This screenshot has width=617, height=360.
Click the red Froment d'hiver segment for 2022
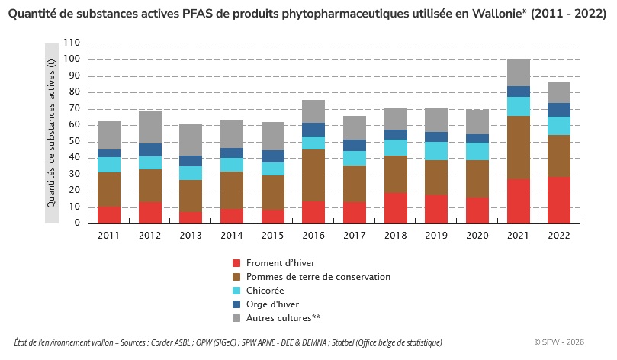pos(559,200)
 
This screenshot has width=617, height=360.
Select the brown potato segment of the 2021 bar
pos(518,147)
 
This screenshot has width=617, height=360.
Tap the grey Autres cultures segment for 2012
pos(150,127)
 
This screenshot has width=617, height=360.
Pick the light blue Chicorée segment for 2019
pos(436,151)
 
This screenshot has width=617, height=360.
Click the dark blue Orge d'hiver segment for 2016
pos(313,130)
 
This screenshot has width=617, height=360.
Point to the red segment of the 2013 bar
pos(191,218)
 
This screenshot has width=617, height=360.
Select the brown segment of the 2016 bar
pos(313,175)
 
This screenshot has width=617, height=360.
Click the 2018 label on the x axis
pos(396,235)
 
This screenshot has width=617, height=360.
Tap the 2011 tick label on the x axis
pos(108,235)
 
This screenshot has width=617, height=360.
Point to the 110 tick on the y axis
pos(72,43)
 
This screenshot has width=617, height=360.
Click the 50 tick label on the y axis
pos(75,141)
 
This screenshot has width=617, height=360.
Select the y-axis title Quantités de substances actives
pos(51,133)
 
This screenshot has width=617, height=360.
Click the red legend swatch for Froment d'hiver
pos(236,263)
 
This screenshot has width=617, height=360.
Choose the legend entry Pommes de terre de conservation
pos(318,277)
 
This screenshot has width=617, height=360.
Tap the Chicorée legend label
pos(265,291)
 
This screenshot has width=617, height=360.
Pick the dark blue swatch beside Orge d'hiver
pos(236,304)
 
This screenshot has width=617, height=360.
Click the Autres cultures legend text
pos(283,318)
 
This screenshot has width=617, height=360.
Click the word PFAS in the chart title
pos(195,14)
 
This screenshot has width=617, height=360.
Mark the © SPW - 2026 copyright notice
pos(559,342)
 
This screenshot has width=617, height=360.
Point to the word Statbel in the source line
pos(342,342)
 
